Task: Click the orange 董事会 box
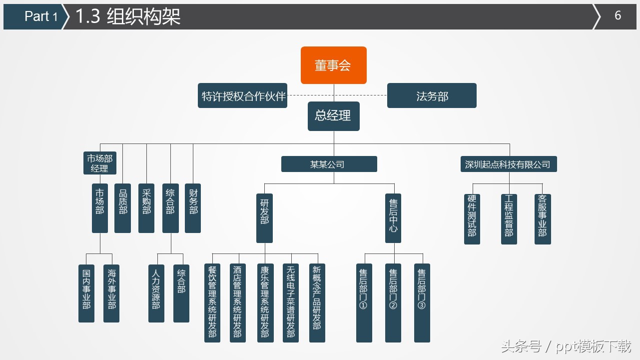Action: tap(333, 65)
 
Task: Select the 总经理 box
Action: tap(333, 116)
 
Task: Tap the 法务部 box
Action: tap(432, 95)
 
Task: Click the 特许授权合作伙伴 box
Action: tap(243, 95)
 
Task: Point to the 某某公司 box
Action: tap(329, 164)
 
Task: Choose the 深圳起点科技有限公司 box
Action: tap(508, 164)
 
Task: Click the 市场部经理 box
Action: tap(100, 163)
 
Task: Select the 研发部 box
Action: tap(265, 218)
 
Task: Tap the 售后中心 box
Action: tap(393, 218)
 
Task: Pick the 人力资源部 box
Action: tap(156, 293)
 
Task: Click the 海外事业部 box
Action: tap(111, 293)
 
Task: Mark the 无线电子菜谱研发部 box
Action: tap(290, 303)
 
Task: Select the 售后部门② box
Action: tap(393, 303)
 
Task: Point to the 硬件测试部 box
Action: tap(472, 219)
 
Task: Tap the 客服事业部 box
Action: tap(543, 219)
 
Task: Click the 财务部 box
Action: tap(193, 208)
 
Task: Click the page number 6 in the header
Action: tap(618, 15)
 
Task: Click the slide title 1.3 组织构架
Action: tap(127, 16)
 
